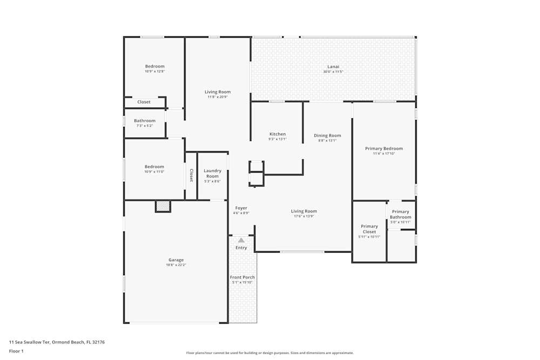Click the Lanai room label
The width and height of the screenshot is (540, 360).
333,66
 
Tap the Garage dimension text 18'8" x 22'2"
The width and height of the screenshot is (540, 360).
176,265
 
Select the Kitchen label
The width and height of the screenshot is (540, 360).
278,134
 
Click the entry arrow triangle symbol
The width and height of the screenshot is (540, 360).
241,240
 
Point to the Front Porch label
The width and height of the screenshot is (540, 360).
242,277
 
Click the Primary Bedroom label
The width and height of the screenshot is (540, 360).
384,148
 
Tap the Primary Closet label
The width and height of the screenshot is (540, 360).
369,229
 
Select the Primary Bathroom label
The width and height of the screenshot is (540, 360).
401,214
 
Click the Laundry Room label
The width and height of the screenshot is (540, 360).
212,173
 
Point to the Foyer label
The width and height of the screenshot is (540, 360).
241,208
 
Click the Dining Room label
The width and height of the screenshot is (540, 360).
328,135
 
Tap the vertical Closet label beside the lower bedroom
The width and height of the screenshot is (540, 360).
191,175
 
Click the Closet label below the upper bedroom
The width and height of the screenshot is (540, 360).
144,102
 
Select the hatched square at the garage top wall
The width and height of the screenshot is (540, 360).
163,206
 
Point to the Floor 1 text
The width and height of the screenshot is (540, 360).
16,351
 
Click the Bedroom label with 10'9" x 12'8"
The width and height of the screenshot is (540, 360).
154,66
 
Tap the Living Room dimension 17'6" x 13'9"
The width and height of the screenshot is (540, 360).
304,216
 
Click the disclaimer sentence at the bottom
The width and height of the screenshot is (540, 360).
270,352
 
